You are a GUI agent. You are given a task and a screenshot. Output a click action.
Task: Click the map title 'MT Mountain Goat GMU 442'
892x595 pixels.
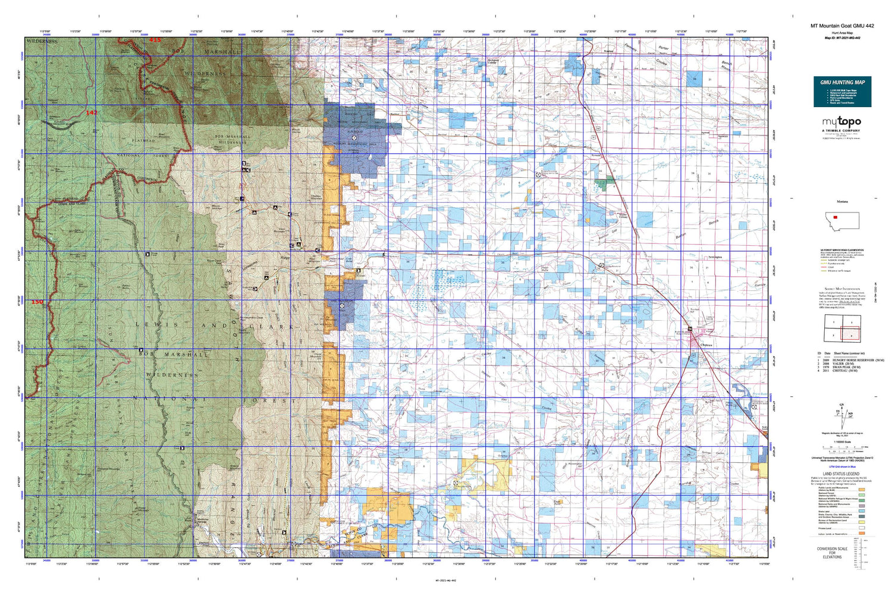(841, 26)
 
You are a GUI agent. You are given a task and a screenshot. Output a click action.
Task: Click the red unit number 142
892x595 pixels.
(92, 112)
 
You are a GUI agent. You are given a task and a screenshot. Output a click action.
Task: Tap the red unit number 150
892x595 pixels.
(37, 302)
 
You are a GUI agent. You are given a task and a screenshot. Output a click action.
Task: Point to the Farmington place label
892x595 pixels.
(715, 257)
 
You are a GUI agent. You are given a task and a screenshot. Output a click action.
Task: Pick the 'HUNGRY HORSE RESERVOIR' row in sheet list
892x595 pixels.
(856, 360)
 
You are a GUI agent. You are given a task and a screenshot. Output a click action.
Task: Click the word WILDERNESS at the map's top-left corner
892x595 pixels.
(42, 42)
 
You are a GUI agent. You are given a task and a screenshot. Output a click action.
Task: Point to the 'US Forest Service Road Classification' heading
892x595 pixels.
(841, 250)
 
